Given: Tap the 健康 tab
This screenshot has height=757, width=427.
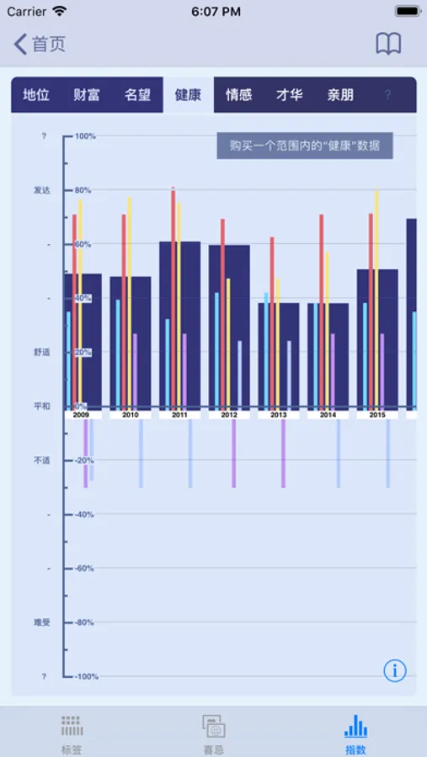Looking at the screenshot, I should point(188,95).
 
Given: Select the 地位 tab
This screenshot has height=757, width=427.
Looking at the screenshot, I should point(36,95).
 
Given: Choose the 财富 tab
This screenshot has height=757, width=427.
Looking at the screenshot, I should point(87,95).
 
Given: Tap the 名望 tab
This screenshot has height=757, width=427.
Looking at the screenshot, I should point(137,95).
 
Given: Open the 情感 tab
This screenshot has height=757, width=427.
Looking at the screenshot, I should point(238,95).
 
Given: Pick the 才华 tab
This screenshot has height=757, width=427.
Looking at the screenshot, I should point(289,95).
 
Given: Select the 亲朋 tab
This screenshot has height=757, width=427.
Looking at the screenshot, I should point(340,95).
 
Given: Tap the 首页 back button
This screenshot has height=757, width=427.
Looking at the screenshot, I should point(39,45).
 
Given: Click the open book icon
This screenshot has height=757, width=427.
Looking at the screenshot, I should point(388,45).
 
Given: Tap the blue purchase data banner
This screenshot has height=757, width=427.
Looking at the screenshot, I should point(305,146).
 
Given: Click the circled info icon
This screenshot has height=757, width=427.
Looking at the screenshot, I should point(395,670).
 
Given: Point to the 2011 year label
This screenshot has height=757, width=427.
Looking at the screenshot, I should point(179,415).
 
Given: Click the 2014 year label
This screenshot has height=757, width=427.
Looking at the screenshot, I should point(328,415).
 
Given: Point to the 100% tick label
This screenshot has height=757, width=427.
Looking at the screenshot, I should point(85,136).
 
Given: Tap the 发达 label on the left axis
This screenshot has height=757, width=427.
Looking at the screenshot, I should point(42,190).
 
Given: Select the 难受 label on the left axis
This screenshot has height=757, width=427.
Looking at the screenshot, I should point(42,622).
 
